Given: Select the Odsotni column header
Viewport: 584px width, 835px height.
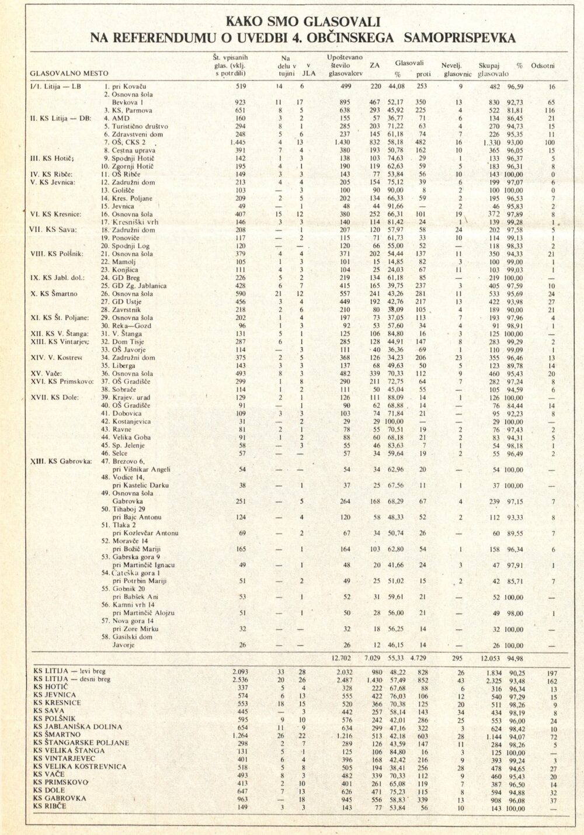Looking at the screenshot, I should point(543,65).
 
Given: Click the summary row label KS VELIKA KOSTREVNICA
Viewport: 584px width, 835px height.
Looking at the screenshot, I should point(79,766).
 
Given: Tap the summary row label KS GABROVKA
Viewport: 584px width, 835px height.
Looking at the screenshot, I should point(60,798).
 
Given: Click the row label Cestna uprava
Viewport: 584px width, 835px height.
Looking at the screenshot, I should point(134,150).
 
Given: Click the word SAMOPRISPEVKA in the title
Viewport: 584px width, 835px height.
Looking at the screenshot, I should point(457,38).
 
